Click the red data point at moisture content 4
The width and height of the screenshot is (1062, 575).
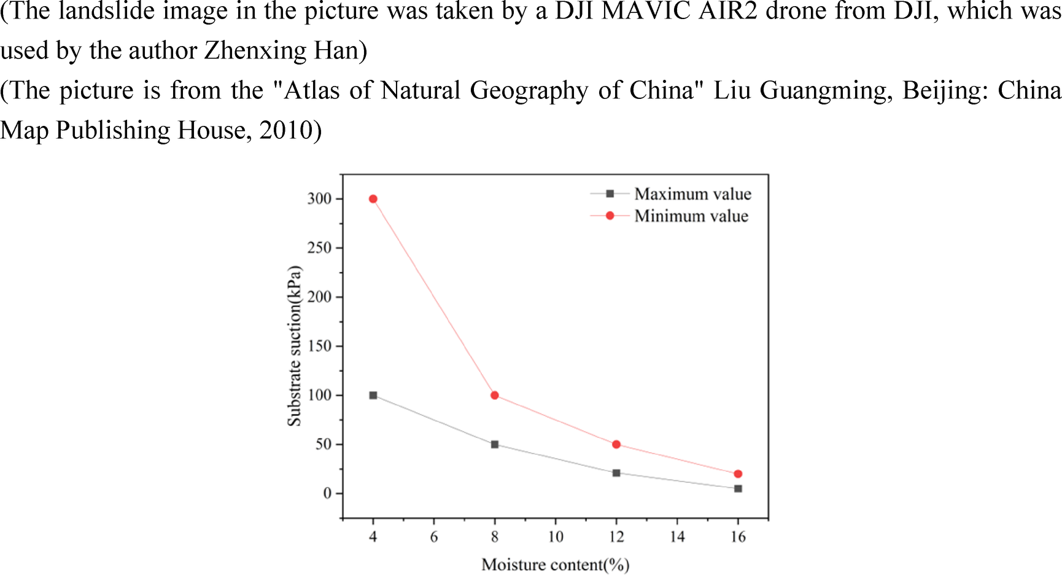[373, 199]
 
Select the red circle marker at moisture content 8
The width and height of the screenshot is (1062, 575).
[495, 395]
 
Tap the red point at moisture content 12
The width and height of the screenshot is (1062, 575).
[616, 444]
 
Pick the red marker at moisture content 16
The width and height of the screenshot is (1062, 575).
[738, 474]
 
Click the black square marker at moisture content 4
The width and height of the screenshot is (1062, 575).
[373, 395]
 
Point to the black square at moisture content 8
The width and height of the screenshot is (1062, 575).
[495, 444]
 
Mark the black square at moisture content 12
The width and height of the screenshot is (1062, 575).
[616, 473]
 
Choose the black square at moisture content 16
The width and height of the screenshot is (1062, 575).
[738, 488]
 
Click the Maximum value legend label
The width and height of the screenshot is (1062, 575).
[692, 194]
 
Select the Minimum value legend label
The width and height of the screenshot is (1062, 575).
[691, 216]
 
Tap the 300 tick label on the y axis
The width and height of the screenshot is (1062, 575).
[319, 198]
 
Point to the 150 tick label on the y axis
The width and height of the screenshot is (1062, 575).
[319, 346]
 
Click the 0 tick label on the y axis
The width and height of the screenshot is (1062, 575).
[327, 493]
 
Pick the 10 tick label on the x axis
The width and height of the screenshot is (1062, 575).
[556, 537]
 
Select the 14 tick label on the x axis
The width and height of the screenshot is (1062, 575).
[677, 537]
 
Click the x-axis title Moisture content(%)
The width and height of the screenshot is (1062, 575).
[556, 565]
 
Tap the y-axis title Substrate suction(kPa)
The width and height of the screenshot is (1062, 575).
[295, 346]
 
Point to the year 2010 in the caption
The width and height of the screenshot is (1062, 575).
[286, 130]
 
